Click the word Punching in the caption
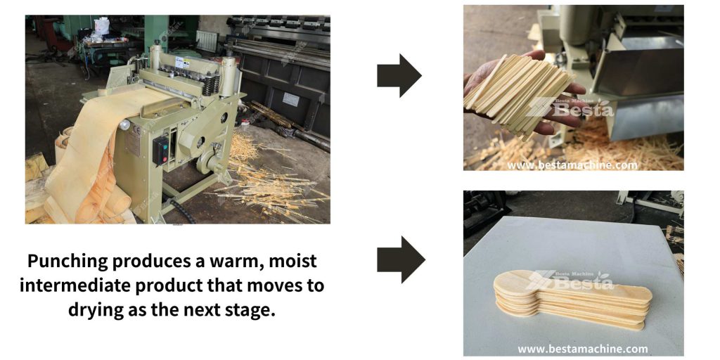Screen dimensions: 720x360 pos(67,262)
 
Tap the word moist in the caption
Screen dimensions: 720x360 pos(292,261)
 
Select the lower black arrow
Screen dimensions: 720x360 pos(400,259)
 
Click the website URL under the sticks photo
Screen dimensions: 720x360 pos(572,165)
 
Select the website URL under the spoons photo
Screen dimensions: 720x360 pos(583,349)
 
